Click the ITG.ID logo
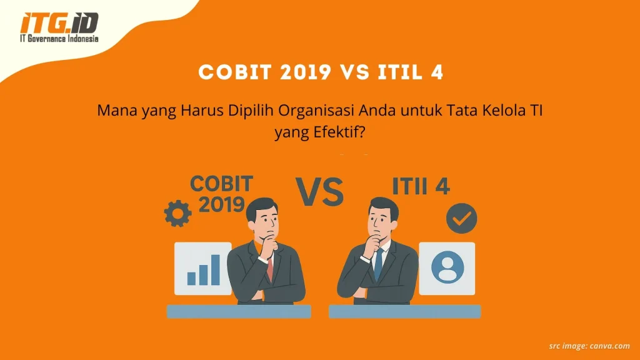[x=59, y=23]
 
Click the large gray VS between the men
[x=320, y=192]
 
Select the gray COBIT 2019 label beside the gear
[x=220, y=193]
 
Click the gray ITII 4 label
[x=420, y=186]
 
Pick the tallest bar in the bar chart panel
[x=215, y=269]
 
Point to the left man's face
[x=262, y=221]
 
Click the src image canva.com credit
[x=589, y=345]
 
